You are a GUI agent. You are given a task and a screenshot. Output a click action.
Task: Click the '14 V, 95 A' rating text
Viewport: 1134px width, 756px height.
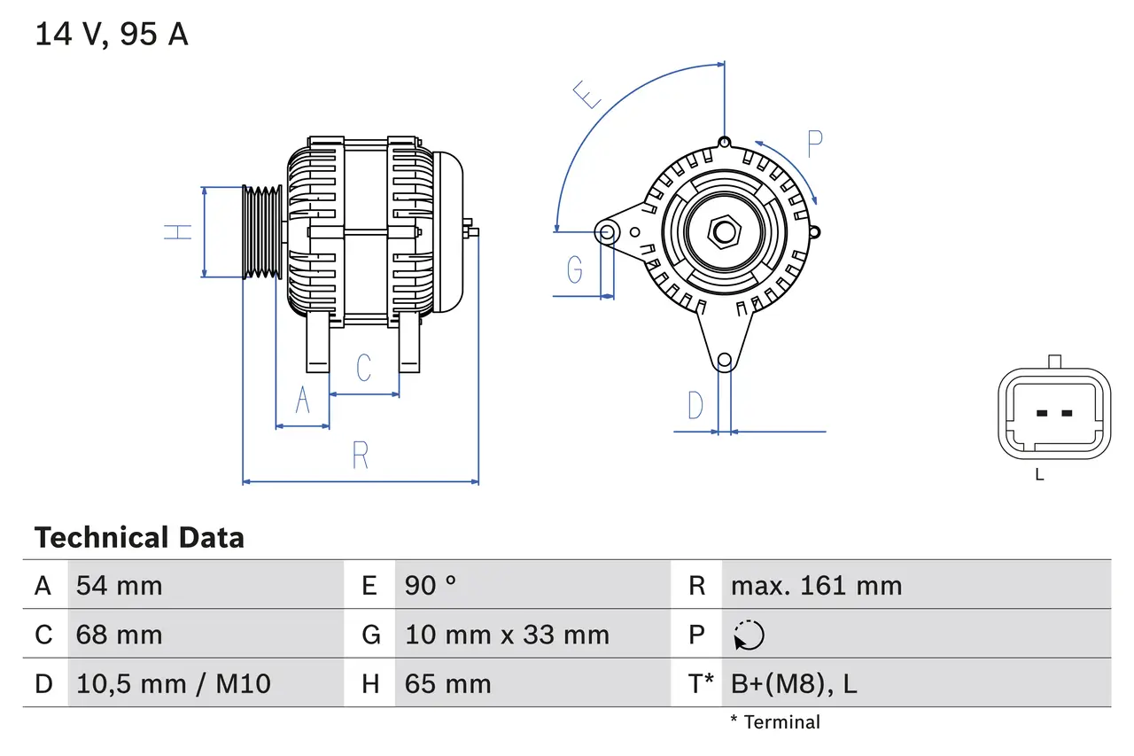pyautogui.click(x=112, y=35)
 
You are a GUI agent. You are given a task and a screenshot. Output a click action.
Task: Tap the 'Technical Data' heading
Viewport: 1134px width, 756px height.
pyautogui.click(x=139, y=537)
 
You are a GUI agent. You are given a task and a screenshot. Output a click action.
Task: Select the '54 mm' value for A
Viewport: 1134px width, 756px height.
pyautogui.click(x=119, y=586)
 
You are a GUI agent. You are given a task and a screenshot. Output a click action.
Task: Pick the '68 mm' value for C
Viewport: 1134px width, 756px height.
pyautogui.click(x=119, y=635)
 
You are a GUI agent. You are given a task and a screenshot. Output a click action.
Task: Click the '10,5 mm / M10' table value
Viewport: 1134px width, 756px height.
pyautogui.click(x=173, y=683)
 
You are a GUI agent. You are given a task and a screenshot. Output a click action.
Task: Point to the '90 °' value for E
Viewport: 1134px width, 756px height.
pyautogui.click(x=431, y=586)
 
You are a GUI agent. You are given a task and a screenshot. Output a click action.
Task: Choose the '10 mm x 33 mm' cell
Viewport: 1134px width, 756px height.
pyautogui.click(x=507, y=635)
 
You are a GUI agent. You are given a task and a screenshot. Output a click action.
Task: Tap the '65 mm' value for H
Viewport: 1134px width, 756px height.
pyautogui.click(x=447, y=683)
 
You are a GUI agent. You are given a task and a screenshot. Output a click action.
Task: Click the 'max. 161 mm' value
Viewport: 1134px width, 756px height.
pyautogui.click(x=816, y=586)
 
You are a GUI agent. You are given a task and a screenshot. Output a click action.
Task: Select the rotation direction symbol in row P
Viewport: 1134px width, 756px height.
pyautogui.click(x=749, y=635)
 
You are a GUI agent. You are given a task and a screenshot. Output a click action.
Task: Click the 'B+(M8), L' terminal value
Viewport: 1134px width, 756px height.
pyautogui.click(x=793, y=683)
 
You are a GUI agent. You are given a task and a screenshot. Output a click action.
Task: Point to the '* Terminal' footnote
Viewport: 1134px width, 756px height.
pyautogui.click(x=775, y=722)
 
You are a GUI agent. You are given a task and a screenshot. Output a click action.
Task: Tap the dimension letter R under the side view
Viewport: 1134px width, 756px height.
pyautogui.click(x=360, y=455)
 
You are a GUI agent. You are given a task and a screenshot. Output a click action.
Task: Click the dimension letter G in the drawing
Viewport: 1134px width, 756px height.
pyautogui.click(x=575, y=268)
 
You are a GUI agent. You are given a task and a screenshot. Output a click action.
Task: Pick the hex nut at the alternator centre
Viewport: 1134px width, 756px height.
pyautogui.click(x=725, y=232)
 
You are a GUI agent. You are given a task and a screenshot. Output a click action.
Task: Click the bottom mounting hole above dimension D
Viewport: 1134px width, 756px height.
pyautogui.click(x=725, y=360)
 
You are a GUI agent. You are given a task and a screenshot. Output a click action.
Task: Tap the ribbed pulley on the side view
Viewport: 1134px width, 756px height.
pyautogui.click(x=262, y=232)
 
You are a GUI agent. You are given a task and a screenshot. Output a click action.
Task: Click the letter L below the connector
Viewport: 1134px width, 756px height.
pyautogui.click(x=1039, y=475)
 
